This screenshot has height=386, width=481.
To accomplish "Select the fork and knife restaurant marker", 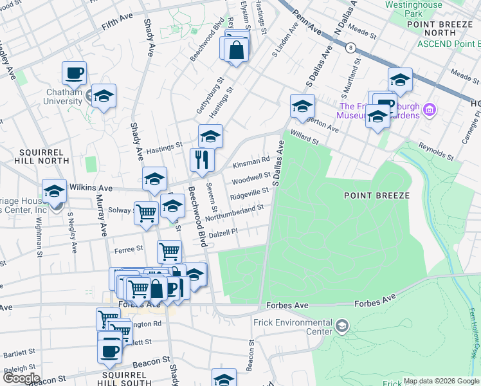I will tap(202, 160).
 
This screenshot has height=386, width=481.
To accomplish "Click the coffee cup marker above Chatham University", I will tap(74, 73).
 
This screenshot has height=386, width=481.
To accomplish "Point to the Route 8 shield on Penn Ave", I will tap(350, 47).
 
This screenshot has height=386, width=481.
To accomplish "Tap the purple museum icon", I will tap(430, 111).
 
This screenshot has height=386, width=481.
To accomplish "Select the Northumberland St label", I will tap(235, 213).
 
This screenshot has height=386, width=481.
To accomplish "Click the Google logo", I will tap(21, 378).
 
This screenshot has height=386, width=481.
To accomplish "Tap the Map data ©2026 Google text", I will tap(440, 381).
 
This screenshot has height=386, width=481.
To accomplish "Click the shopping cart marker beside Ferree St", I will tap(169, 251).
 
